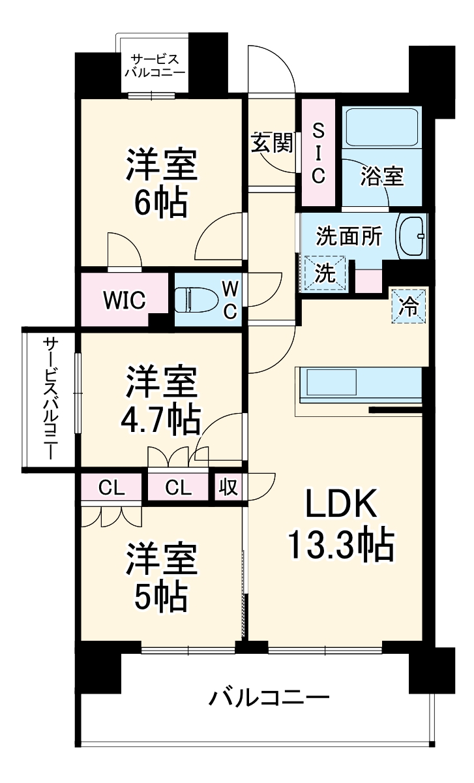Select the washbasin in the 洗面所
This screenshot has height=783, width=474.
coord(411,236)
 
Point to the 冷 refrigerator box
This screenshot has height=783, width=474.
coord(409,305)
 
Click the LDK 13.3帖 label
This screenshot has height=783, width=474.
coord(340,526)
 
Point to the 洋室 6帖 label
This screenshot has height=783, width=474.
coord(161,184)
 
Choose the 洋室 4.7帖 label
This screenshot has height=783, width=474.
coord(161,401)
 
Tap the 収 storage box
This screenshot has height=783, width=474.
coord(228,487)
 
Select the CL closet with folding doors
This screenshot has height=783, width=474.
coord(111,487)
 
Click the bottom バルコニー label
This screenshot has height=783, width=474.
coord(269,699)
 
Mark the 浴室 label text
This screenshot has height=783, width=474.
coord(383,176)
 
